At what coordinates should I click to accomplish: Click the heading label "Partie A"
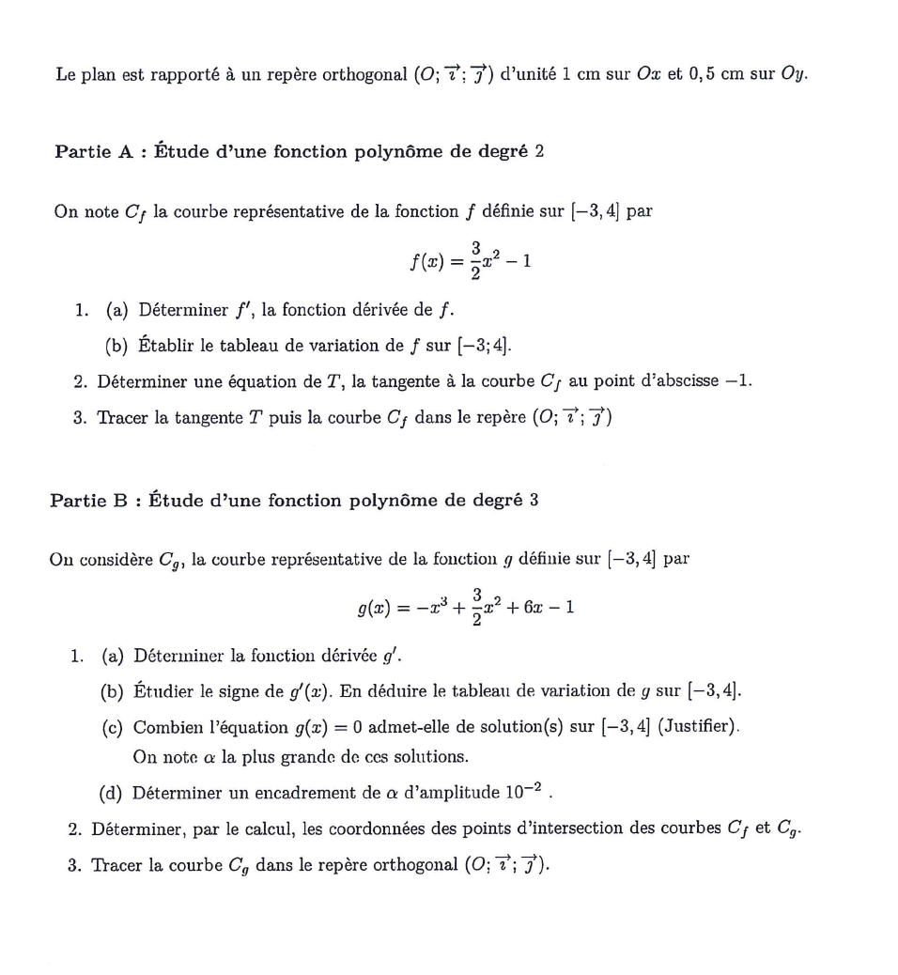[x=94, y=152]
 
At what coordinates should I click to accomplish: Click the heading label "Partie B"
[x=88, y=501]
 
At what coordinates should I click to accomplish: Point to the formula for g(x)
[x=465, y=608]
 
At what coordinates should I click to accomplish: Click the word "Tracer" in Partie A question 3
[x=123, y=417]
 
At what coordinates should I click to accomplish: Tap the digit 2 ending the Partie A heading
[x=539, y=152]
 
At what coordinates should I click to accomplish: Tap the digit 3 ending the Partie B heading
[x=534, y=501]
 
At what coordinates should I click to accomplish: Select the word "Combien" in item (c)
[x=169, y=727]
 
